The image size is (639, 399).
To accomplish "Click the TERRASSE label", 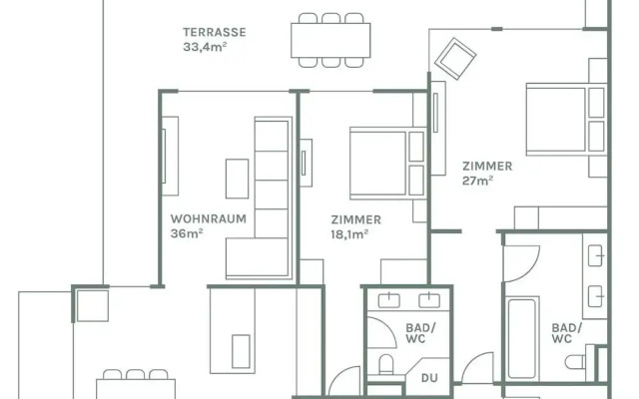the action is tap(215, 32).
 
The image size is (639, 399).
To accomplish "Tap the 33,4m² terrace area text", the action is tap(205, 47).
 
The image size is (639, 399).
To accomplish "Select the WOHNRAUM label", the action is tap(209, 219).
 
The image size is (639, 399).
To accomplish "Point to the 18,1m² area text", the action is tap(349, 234).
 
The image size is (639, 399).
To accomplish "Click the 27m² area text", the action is tap(477, 181).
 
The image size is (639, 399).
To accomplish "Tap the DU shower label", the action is tap(429, 378).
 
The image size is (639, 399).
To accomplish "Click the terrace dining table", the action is tap(330, 40).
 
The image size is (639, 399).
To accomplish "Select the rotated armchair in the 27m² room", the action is tap(455, 59).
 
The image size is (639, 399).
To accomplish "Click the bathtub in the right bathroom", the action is tap(521, 339).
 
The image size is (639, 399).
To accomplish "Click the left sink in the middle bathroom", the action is tap(388, 300).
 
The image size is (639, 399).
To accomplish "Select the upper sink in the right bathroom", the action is tap(595, 255).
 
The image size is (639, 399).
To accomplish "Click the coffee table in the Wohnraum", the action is tap(238, 179).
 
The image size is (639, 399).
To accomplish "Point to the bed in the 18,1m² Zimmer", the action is tap(387, 164).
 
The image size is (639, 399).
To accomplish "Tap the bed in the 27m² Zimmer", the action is tap(566, 119).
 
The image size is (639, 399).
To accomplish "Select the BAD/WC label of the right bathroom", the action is tap(567, 333).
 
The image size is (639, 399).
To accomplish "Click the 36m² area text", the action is tap(187, 233).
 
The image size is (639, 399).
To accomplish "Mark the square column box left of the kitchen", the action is tap(93, 306).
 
